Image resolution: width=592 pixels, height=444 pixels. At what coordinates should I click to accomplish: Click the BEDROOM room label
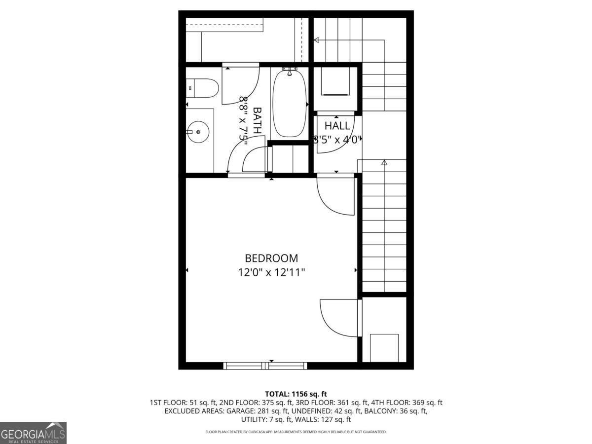point(271,258)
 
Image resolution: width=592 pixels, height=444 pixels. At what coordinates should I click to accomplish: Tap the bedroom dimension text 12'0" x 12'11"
point(271,272)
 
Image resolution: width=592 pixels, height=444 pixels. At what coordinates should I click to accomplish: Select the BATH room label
point(257,121)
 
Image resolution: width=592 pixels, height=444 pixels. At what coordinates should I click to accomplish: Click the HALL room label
point(337,126)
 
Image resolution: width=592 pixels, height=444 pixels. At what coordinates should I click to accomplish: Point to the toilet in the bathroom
point(204,88)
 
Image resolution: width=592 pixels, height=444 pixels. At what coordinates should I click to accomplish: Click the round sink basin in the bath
point(198,132)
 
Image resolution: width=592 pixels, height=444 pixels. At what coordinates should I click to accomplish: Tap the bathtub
point(290,104)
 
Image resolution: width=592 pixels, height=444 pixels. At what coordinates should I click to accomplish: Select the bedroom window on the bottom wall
point(265,366)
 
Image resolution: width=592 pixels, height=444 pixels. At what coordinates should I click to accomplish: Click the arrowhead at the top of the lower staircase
point(384,162)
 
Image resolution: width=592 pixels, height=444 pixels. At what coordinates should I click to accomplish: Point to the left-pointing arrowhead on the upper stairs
point(316,40)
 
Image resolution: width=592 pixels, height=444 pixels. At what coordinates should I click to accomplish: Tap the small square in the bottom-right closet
point(384,348)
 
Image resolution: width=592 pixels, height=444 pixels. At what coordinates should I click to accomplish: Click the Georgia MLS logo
point(33,433)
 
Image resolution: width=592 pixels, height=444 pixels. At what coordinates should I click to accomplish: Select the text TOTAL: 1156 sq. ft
point(296,394)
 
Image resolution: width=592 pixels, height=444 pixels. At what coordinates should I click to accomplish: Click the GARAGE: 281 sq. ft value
point(251,411)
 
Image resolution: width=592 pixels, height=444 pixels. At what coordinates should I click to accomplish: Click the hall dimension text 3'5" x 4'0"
point(337,140)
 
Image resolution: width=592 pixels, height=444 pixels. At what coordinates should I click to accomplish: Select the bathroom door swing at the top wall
point(240,84)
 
